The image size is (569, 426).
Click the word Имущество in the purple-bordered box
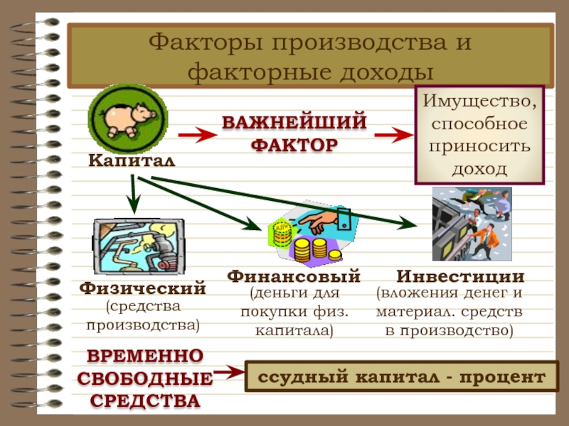[479, 102]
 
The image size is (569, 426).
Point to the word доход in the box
[479, 169]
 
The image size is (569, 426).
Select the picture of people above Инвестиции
[472, 224]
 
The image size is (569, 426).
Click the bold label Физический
[143, 289]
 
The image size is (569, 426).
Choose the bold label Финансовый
[294, 276]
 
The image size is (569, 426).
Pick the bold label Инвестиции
[460, 276]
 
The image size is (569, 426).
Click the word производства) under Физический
[143, 326]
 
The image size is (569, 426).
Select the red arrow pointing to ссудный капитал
[227, 372]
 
